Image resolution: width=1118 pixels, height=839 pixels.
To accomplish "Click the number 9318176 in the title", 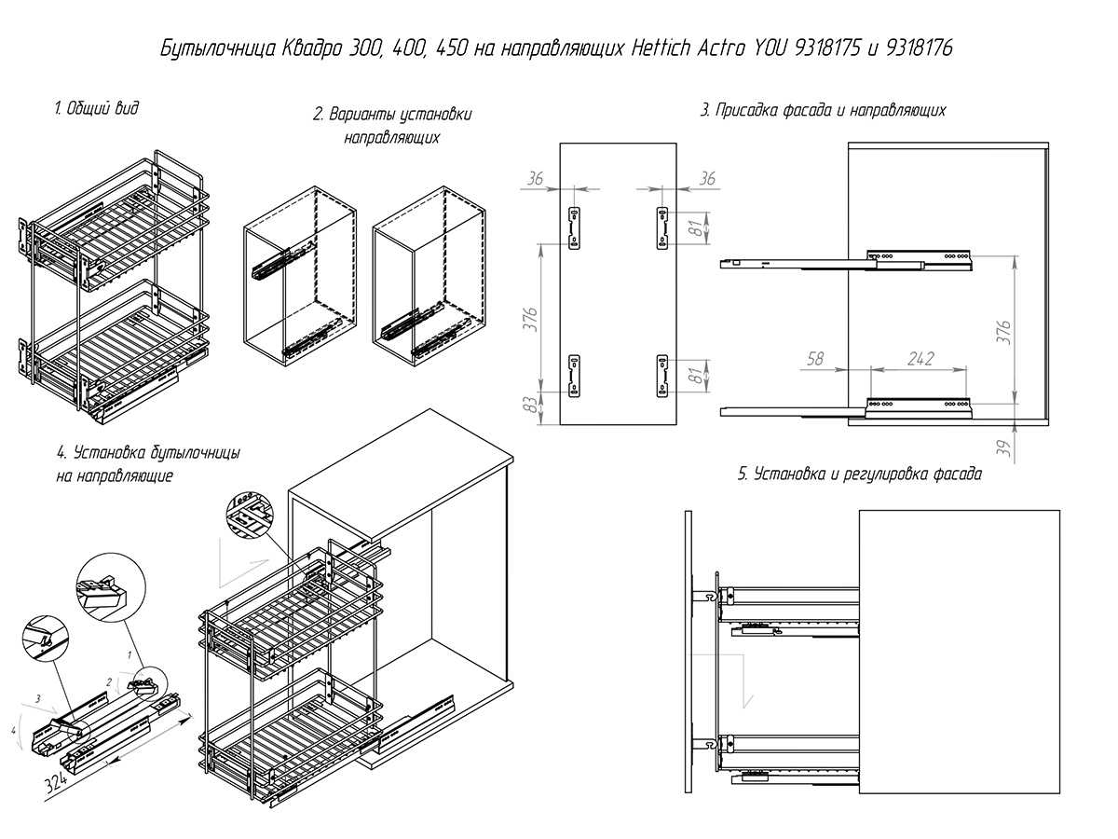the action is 919,48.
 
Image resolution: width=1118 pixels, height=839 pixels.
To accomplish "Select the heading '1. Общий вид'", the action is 96,108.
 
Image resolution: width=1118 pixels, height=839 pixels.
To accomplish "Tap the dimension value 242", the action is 920,359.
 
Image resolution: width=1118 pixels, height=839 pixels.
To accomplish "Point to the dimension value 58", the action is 815,359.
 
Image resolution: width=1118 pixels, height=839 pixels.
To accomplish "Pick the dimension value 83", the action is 530,405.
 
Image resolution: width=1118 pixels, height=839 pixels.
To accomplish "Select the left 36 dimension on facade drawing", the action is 535,179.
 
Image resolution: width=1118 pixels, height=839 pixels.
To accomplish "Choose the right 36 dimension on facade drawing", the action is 706,179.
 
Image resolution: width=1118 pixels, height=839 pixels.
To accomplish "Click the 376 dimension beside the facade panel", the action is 530,320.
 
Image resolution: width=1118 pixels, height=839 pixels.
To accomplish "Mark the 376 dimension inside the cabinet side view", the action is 1002,332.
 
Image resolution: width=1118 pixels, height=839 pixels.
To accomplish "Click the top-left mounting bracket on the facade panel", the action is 575,227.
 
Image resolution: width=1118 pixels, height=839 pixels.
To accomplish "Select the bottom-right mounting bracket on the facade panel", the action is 662,376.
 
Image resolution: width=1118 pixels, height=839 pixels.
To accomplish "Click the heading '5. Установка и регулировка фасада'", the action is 860,475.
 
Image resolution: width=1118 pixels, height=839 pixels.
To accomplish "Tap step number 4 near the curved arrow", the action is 14,731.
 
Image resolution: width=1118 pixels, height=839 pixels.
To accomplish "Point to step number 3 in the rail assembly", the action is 37,699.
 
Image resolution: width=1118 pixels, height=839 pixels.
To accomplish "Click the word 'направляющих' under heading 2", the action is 391,138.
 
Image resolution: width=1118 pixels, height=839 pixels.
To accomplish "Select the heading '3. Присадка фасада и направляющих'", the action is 823,110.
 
